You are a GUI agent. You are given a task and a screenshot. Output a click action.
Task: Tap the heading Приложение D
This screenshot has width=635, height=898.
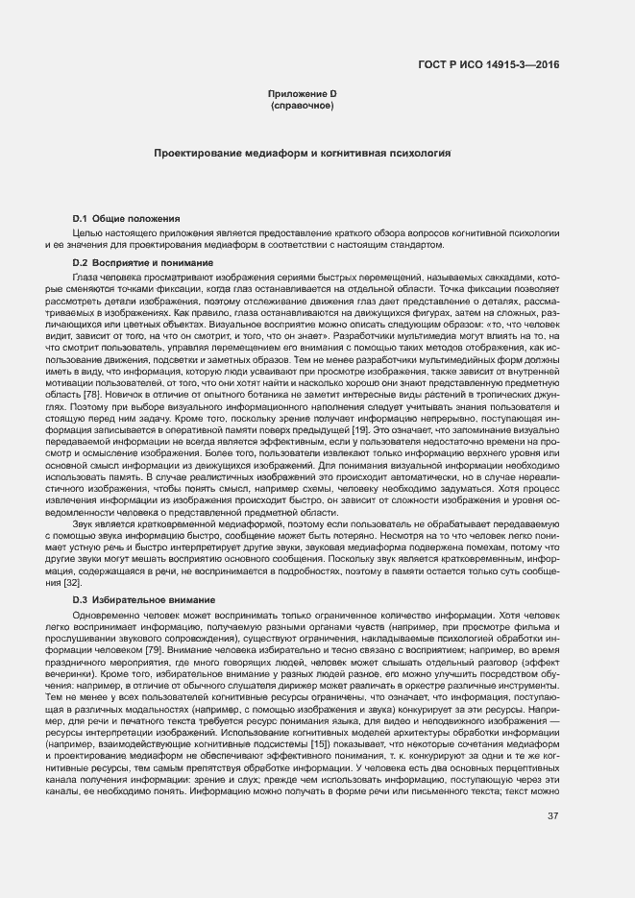pyautogui.click(x=303, y=92)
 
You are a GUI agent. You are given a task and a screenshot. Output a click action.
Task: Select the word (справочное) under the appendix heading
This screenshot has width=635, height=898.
pyautogui.click(x=303, y=104)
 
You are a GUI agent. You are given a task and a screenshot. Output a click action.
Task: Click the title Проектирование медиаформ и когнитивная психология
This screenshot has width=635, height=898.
pyautogui.click(x=303, y=153)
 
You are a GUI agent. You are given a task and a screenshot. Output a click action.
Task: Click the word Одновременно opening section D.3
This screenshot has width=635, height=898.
pyautogui.click(x=107, y=615)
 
